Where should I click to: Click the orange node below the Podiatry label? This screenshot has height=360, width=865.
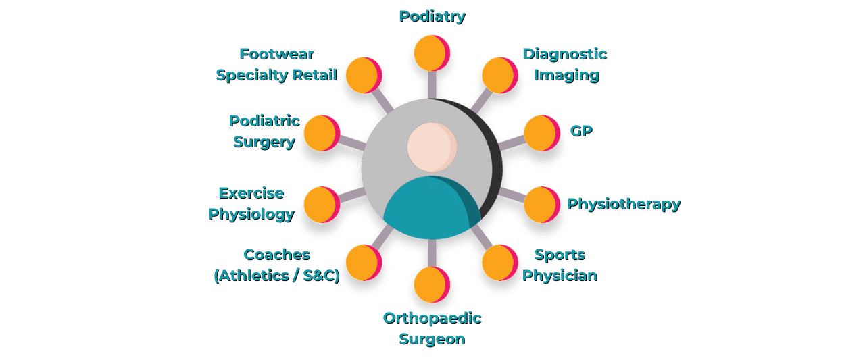(430, 53)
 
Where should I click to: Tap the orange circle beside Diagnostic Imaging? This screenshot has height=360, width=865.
(499, 75)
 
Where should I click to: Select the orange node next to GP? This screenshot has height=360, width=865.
(541, 133)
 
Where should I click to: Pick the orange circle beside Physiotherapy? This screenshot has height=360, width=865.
(541, 205)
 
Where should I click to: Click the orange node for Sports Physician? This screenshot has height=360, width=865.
(499, 262)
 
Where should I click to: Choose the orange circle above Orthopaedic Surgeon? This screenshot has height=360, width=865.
(430, 284)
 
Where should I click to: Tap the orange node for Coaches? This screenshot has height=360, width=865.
(363, 262)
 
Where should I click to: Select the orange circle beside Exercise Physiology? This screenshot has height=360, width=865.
(320, 205)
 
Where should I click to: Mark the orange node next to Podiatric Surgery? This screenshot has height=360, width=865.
(320, 133)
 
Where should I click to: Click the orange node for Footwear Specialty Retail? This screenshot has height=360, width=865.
(363, 75)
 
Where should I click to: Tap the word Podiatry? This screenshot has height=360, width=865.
(432, 16)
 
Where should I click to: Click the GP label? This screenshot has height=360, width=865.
(580, 130)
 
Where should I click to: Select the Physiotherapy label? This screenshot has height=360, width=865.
(623, 203)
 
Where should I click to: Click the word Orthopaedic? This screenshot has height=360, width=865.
(432, 317)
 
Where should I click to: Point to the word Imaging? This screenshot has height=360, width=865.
(566, 74)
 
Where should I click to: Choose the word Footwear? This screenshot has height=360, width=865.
(276, 53)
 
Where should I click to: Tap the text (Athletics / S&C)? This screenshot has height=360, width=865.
(276, 276)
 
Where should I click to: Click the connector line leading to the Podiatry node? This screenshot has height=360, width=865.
(430, 84)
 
